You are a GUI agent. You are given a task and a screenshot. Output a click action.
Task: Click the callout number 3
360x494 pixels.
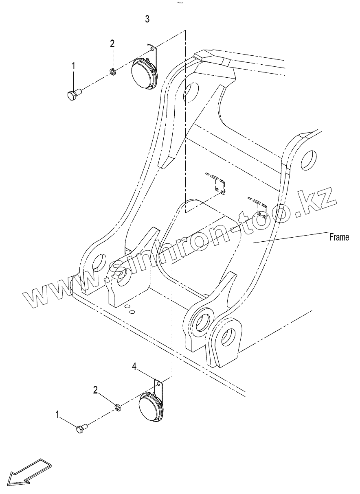(147, 19)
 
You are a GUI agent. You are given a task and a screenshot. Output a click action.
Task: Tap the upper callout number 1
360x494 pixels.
(74, 66)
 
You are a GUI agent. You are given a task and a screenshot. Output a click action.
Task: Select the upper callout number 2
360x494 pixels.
(112, 44)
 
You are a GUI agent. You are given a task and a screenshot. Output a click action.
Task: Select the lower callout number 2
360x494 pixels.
(95, 390)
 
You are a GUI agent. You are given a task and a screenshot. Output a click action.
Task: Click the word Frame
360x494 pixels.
(339, 238)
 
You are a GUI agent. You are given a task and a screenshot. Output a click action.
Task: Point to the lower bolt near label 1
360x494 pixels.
(82, 428)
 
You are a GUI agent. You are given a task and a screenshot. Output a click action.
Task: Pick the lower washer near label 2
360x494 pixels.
(117, 407)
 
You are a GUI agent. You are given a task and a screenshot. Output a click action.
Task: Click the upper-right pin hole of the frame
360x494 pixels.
(308, 159)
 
